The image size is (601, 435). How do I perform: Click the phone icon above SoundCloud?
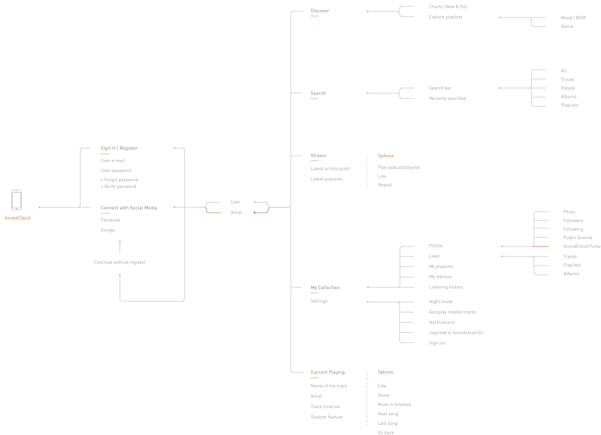click(17, 200)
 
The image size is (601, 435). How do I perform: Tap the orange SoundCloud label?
click(17, 218)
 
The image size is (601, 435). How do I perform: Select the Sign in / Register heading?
click(119, 148)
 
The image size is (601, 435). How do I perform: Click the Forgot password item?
click(121, 180)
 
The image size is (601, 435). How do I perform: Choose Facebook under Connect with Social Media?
click(111, 221)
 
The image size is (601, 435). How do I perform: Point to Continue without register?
click(120, 262)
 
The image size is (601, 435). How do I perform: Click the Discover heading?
click(320, 11)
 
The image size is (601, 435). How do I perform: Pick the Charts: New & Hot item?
click(448, 7)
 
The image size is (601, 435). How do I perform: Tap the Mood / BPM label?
click(573, 18)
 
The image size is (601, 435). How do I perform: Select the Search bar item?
click(440, 88)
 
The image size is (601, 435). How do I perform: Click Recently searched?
click(447, 99)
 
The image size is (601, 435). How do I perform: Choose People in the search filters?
click(568, 88)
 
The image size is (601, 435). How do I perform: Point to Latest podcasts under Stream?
click(326, 179)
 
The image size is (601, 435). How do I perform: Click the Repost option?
click(385, 185)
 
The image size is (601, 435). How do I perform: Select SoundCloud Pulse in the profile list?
click(582, 246)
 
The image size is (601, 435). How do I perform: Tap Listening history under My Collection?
click(446, 287)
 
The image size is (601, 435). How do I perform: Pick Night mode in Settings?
click(441, 302)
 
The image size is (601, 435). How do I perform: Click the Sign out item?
click(437, 343)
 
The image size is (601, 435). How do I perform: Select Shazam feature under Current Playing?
click(326, 417)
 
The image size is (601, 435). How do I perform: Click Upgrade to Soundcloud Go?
click(456, 333)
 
